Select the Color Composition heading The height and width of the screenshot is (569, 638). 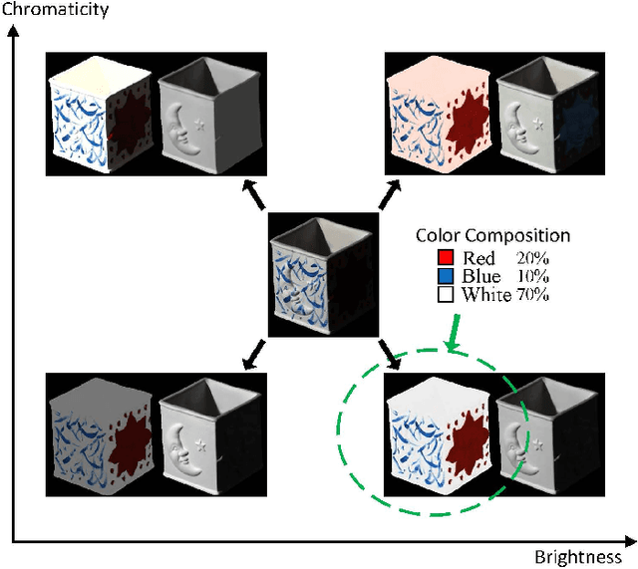point(492,236)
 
